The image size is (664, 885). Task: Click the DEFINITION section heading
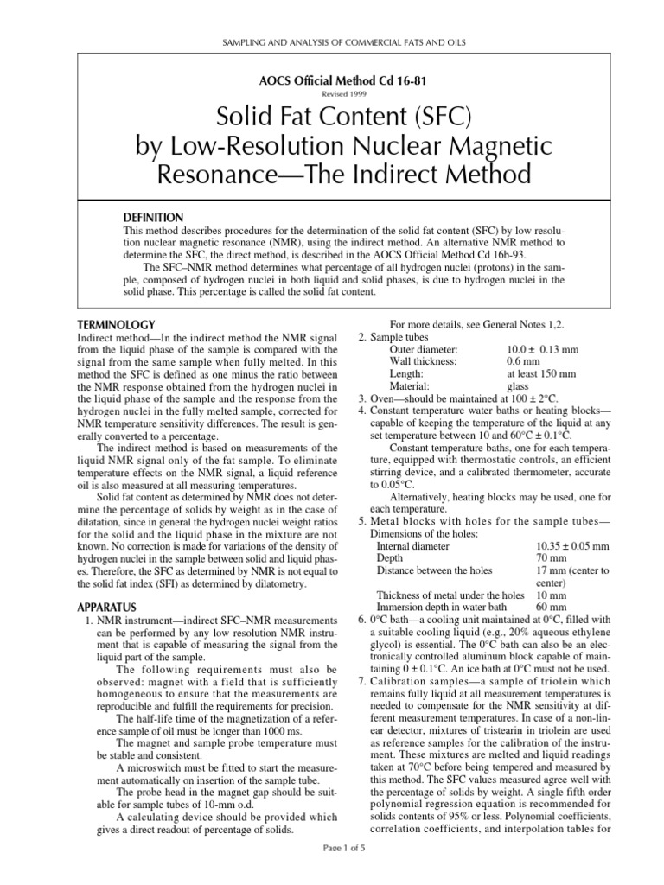(155, 216)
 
